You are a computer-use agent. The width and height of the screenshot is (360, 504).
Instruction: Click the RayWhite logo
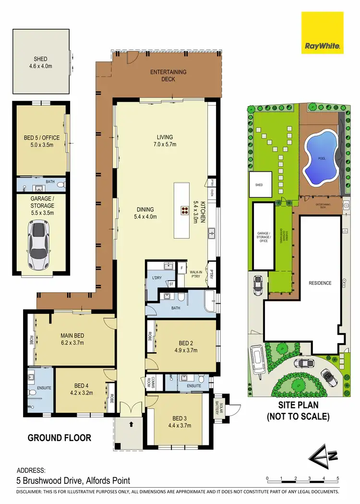(x=322, y=34)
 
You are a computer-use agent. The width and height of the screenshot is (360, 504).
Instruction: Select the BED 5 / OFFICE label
(x=42, y=138)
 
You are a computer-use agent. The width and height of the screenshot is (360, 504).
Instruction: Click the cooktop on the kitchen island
(x=185, y=209)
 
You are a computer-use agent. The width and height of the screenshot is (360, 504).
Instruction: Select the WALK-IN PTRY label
(x=195, y=273)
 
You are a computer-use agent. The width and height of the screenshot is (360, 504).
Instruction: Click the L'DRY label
(x=157, y=278)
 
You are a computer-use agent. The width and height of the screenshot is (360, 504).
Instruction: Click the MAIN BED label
(x=72, y=336)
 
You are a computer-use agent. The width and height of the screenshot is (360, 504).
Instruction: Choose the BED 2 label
(x=186, y=343)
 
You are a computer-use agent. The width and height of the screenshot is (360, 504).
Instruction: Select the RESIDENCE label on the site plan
(x=320, y=283)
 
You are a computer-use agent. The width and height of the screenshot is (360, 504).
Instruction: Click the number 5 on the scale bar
(x=338, y=479)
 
